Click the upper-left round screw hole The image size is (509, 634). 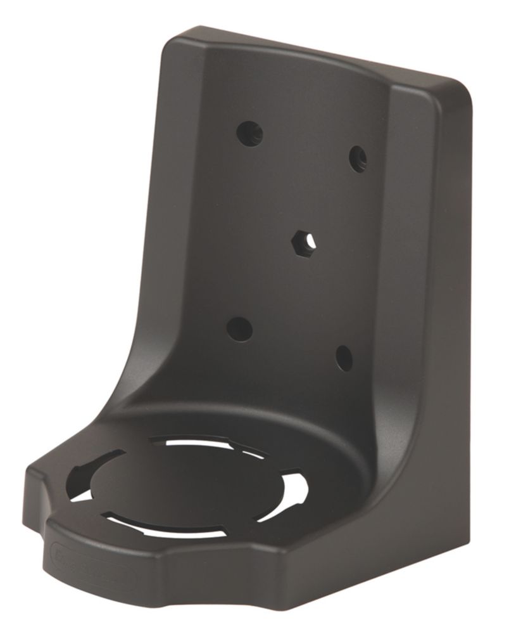coord(249,133)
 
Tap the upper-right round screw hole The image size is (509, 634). coord(358,158)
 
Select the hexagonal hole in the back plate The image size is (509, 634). coord(303,241)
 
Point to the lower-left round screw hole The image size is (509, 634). coord(239,329)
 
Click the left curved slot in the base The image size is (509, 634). coord(95,472)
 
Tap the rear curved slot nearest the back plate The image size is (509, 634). coord(209,443)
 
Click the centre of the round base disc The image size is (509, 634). coord(190,485)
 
